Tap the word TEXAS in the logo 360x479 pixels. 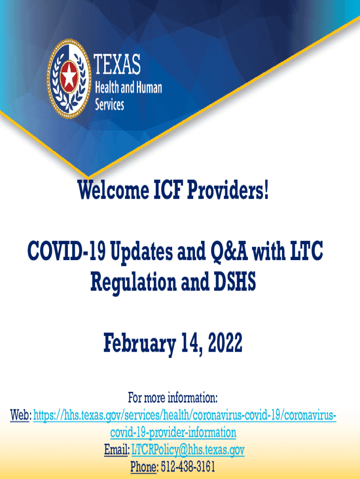click(117, 64)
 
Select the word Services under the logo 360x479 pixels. click(109, 104)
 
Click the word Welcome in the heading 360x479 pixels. click(113, 190)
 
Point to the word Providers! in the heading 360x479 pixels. click(228, 190)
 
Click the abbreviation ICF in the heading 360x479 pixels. click(168, 190)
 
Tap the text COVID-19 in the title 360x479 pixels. click(66, 251)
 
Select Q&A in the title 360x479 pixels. click(229, 251)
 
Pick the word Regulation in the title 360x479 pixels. click(133, 282)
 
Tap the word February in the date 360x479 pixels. click(139, 343)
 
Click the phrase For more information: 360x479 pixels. click(173, 398)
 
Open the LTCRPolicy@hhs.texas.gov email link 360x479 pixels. click(188, 450)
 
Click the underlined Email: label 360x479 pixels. click(116, 450)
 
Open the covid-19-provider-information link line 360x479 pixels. click(173, 433)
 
